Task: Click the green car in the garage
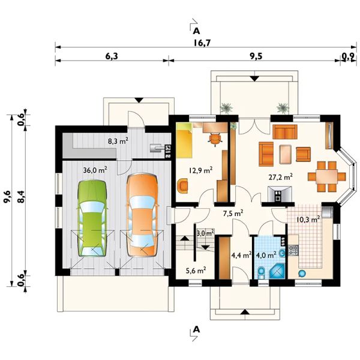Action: [x=92, y=218]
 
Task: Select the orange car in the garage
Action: [x=142, y=215]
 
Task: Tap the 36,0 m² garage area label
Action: [x=95, y=170]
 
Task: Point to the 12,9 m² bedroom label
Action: [x=200, y=170]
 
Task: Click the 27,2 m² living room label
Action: [x=281, y=177]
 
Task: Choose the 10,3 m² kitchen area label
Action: [x=308, y=219]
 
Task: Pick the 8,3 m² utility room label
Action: [x=118, y=141]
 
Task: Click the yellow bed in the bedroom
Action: [x=184, y=140]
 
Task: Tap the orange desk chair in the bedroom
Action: [x=215, y=139]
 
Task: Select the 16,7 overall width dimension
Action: [x=202, y=43]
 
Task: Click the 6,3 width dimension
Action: [x=112, y=56]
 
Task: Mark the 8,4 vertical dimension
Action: [x=21, y=197]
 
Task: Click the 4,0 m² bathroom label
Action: [x=266, y=255]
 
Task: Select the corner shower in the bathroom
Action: [x=277, y=271]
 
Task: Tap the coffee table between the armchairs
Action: [x=285, y=154]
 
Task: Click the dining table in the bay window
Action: [x=327, y=176]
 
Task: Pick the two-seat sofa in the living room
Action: [x=284, y=132]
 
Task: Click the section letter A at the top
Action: [x=196, y=31]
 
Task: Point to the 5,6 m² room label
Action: [x=196, y=271]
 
